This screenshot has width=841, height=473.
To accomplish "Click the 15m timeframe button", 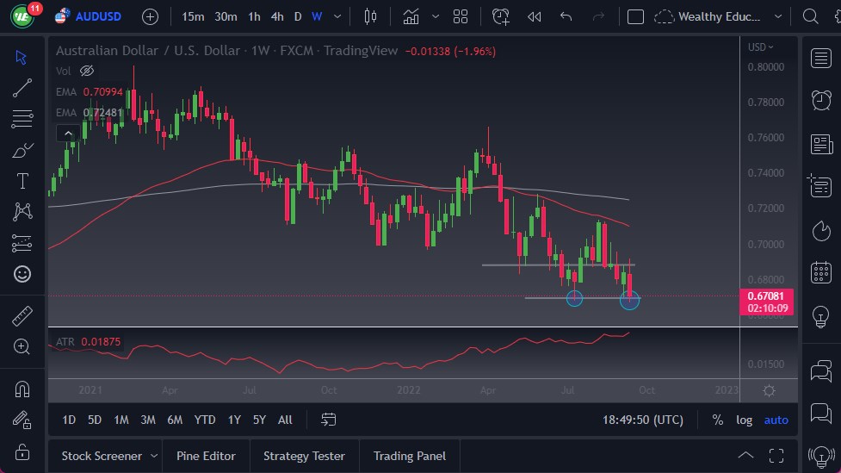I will (194, 16).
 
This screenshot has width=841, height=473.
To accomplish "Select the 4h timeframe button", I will (276, 16).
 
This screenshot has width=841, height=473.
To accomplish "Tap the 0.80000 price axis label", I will (765, 66).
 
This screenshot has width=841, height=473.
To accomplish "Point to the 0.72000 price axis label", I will (765, 208).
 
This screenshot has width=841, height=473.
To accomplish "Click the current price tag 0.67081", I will (765, 296).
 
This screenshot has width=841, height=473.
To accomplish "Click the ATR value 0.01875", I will (102, 342).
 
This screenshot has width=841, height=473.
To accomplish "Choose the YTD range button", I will (205, 420).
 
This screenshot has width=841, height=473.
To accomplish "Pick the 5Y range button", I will (259, 420).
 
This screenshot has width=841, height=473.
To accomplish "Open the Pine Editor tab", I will (206, 456).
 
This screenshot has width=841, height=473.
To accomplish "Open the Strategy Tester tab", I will (304, 456).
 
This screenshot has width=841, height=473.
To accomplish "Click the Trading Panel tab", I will (409, 456).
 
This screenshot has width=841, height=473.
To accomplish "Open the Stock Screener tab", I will (102, 456).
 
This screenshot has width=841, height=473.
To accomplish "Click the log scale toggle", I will (744, 420).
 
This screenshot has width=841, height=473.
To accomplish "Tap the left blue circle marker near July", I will (574, 298).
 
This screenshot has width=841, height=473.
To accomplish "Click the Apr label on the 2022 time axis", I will (488, 389).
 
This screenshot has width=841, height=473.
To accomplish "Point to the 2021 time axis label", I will (90, 389).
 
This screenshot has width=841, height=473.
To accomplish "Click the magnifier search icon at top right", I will (810, 16).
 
